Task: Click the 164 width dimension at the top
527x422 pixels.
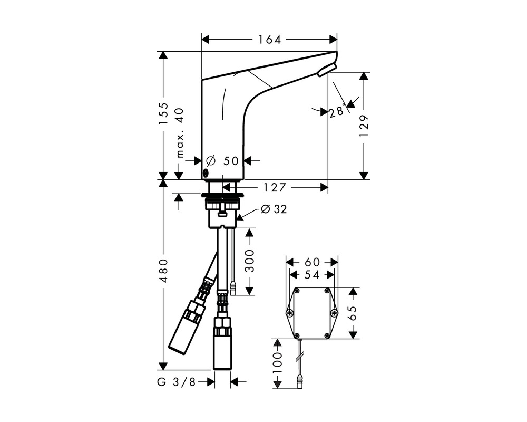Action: [x=269, y=40]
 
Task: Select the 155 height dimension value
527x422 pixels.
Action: [x=163, y=113]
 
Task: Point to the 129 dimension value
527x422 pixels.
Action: [x=364, y=126]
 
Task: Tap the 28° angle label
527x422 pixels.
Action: [x=337, y=110]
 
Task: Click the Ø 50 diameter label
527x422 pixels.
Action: [x=222, y=161]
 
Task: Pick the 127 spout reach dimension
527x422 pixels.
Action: [x=274, y=187]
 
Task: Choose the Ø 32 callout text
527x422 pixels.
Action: [x=274, y=209]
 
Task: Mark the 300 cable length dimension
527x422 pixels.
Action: [x=249, y=261]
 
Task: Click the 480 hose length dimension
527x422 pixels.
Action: [x=163, y=271]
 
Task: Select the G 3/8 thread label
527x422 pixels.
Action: [x=176, y=382]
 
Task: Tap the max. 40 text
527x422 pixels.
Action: [x=180, y=133]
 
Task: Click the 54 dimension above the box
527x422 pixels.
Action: [x=311, y=275]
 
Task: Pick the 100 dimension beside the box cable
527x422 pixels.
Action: [x=278, y=363]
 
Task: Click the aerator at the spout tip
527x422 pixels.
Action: [x=327, y=69]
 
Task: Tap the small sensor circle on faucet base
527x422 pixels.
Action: [x=205, y=174]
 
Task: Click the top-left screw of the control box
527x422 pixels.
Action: [x=296, y=291]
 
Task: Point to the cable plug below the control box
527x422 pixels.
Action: [x=299, y=382]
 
